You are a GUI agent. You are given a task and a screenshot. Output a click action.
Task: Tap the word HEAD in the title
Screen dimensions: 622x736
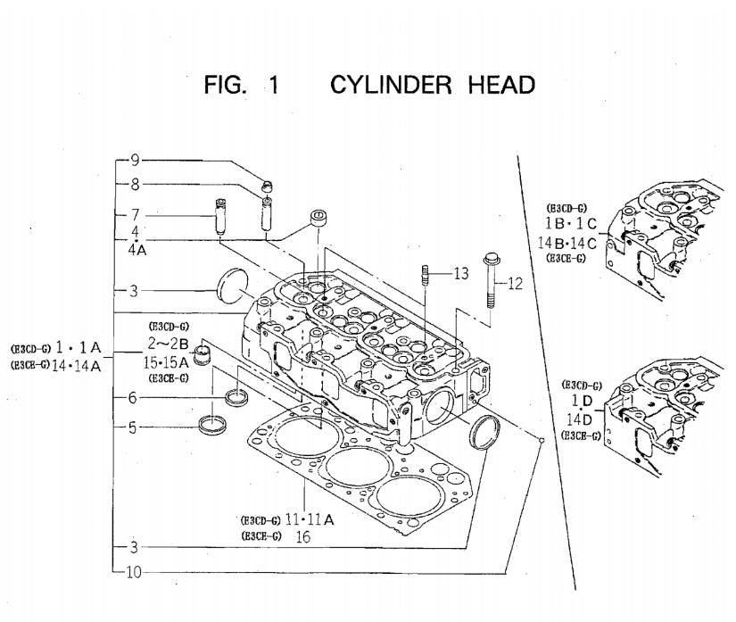(500, 86)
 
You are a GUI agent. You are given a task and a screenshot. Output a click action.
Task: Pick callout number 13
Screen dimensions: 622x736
(460, 273)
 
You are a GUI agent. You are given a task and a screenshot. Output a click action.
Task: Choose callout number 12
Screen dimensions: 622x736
(514, 284)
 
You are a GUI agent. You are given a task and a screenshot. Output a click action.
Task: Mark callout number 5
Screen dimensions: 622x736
(133, 427)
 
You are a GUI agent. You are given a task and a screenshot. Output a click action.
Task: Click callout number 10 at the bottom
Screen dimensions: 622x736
(133, 572)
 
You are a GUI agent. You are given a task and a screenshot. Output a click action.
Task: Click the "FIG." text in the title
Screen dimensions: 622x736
(227, 86)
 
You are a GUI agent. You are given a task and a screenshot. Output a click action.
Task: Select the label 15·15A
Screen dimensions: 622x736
(167, 361)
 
